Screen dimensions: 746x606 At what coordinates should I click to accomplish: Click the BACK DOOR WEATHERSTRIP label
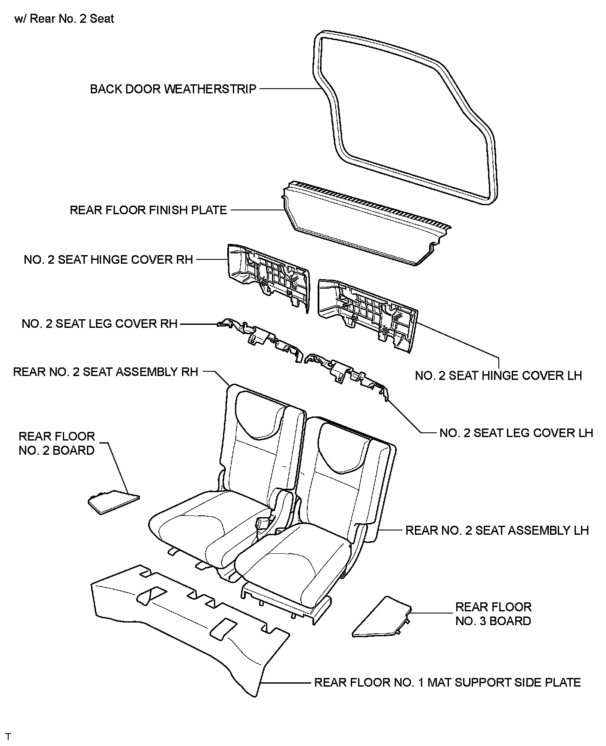tap(173, 89)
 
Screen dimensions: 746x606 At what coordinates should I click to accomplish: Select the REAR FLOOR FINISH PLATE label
tap(148, 210)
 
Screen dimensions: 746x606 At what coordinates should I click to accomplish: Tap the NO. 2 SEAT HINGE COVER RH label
tap(108, 260)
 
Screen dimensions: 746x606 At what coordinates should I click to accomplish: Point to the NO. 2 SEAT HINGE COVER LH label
tap(498, 376)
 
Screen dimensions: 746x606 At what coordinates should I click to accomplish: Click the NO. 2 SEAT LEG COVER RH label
tap(99, 324)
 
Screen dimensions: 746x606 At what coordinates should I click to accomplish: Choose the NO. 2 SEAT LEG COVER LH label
tap(516, 433)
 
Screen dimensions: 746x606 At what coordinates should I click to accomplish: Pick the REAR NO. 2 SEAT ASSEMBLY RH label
tap(105, 372)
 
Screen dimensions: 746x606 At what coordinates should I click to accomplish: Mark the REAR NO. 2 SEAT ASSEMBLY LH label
tap(497, 530)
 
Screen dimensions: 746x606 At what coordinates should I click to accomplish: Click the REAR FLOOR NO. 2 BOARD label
tap(56, 443)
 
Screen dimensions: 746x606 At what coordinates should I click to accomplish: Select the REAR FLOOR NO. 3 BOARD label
tap(493, 614)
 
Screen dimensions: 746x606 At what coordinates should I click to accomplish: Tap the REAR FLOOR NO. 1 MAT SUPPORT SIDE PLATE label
tap(447, 683)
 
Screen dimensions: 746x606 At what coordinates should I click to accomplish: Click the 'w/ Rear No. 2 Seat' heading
tap(64, 19)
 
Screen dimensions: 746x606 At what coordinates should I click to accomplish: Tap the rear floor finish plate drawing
tap(366, 226)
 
